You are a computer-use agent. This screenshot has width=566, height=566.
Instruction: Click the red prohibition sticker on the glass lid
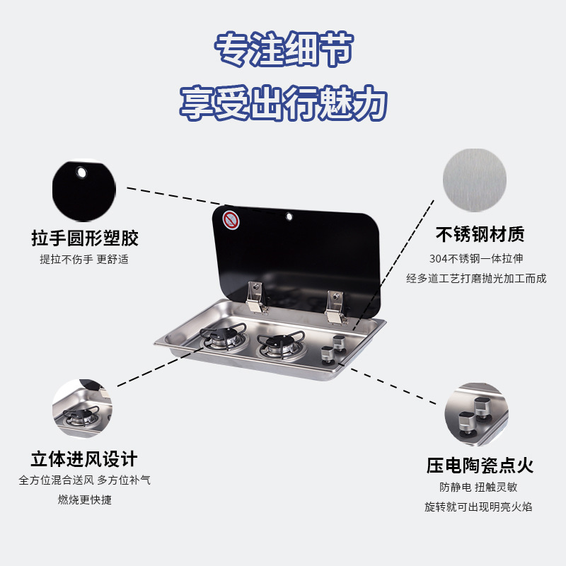tap(231, 219)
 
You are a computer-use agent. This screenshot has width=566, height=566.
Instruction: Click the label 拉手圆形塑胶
tap(84, 237)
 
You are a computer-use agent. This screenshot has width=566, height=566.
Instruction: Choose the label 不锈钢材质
tap(480, 234)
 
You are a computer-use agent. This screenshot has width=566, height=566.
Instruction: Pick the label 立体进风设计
tap(84, 458)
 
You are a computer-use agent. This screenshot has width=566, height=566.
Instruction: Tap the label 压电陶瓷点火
tap(480, 465)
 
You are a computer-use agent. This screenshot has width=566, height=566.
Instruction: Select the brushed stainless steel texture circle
tap(474, 180)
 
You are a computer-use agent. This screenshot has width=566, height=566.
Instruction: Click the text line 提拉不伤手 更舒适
tap(84, 259)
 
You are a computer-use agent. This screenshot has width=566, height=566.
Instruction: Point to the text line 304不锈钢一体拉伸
tap(476, 259)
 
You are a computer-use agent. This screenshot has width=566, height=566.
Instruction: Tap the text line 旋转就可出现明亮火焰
tap(478, 507)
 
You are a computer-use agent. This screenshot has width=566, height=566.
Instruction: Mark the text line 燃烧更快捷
tap(84, 500)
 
